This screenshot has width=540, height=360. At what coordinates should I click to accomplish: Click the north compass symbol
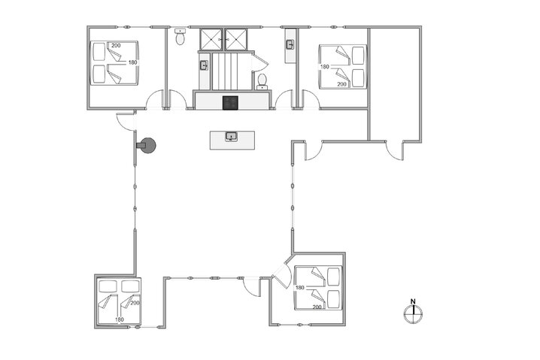[412, 314]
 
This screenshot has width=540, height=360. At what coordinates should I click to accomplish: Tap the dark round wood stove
[145, 145]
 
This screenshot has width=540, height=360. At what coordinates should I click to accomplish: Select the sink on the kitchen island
[232, 137]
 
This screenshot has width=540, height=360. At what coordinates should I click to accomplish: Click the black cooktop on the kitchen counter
[230, 103]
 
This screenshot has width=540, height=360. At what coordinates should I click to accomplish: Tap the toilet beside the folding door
[262, 80]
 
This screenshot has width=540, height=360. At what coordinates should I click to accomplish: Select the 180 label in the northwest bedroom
[133, 62]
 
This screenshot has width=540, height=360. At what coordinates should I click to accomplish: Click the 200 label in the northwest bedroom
[116, 46]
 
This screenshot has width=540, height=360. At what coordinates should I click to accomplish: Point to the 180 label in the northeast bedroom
[325, 67]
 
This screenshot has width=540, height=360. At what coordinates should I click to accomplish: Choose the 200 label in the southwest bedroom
[135, 303]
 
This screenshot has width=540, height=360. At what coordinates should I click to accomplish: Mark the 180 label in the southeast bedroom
[299, 289]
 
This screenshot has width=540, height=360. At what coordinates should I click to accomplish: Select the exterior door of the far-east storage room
[393, 150]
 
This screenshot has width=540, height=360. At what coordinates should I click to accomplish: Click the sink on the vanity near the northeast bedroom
[290, 45]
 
